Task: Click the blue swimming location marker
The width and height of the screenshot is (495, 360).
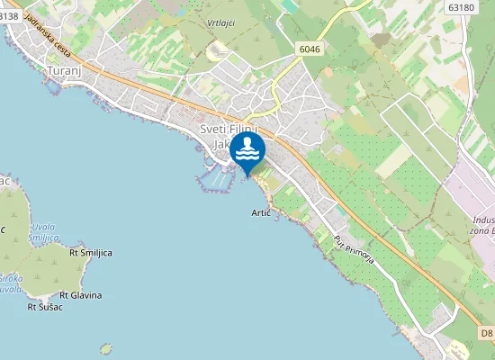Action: (247, 150)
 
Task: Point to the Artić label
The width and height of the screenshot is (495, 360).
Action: (261, 213)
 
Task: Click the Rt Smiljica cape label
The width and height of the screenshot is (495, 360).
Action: (91, 253)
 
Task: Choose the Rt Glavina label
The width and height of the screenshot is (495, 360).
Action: (80, 295)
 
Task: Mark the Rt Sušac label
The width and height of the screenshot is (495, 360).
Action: (44, 308)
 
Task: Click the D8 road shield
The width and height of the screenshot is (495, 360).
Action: (485, 334)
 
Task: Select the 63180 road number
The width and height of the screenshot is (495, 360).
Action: (459, 7)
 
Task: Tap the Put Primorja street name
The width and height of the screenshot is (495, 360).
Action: (353, 253)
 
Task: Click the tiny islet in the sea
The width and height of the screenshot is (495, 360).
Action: (106, 347)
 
